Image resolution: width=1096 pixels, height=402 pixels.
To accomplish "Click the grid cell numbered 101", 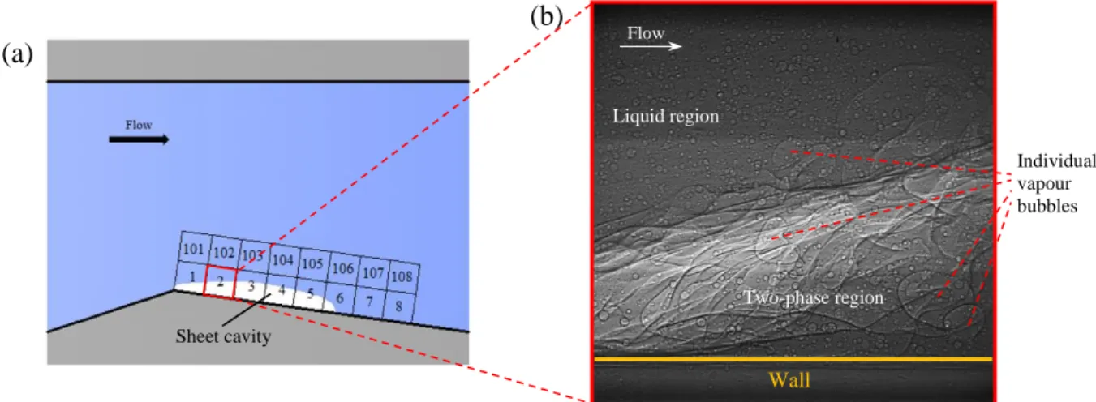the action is [194, 249].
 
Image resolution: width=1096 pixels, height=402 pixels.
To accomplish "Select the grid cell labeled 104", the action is [283, 259].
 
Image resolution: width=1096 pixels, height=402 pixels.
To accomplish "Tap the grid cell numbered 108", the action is [403, 276].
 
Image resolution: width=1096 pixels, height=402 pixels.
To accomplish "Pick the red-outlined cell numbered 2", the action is [220, 281].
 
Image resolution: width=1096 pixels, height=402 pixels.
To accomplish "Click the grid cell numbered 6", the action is [340, 297].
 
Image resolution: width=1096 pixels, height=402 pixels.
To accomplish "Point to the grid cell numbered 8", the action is [399, 306].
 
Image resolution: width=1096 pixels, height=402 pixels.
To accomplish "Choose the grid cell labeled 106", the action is [343, 268].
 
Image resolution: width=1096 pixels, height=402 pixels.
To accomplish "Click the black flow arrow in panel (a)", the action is [139, 139].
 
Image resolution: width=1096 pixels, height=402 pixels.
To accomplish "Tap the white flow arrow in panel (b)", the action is [651, 46].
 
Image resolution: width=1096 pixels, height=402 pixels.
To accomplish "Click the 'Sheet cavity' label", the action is [223, 336].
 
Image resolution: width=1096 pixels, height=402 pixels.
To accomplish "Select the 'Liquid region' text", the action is [666, 117].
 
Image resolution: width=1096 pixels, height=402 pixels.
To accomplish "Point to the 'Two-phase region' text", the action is [813, 297].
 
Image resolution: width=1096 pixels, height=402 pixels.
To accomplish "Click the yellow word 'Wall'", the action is [789, 380].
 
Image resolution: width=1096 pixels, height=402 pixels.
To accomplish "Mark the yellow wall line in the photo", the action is [793, 359].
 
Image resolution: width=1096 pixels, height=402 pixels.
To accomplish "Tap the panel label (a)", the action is [18, 53].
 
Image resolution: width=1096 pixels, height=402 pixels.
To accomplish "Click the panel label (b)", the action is [547, 17].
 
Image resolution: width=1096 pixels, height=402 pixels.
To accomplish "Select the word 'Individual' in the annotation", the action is [1056, 161].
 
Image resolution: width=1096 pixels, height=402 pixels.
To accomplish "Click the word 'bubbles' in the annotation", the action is [1047, 206].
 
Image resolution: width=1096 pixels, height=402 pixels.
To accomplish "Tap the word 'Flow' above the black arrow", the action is [139, 125].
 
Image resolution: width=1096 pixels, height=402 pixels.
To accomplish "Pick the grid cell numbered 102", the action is [224, 252].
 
